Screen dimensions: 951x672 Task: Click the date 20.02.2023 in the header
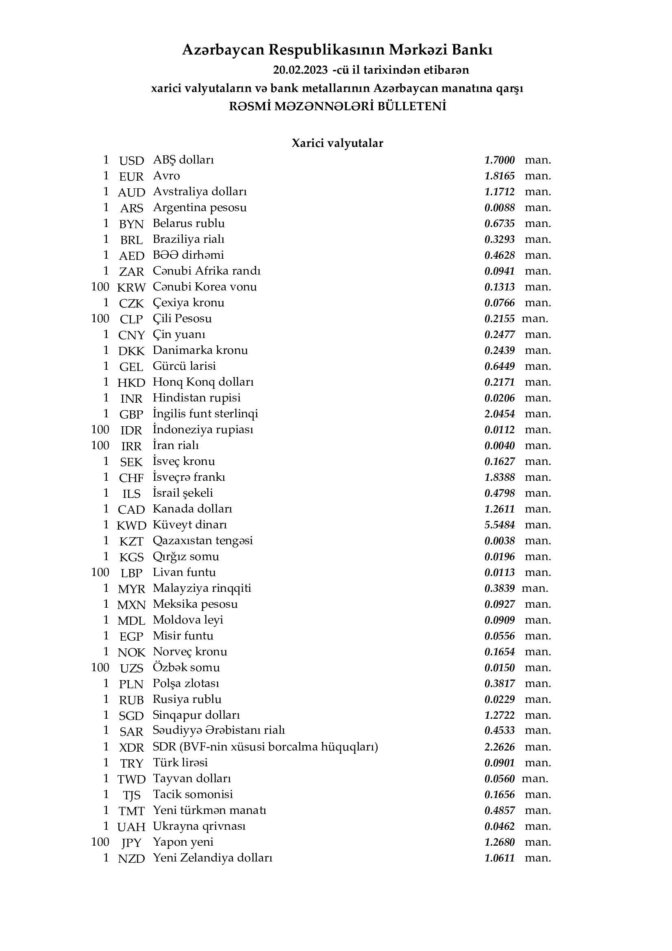pos(300,70)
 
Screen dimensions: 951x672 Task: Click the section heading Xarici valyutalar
pos(337,143)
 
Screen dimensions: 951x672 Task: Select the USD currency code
pos(131,161)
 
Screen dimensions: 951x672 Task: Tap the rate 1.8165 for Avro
pos(499,176)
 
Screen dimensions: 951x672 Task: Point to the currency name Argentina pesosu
pos(200,207)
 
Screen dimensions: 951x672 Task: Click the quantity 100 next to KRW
pos(100,287)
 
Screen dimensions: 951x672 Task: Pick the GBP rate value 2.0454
pos(499,414)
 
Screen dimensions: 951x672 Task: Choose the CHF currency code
pos(131,478)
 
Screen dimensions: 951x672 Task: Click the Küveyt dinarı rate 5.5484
pos(499,525)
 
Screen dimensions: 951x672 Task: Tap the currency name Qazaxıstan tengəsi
pos(202,541)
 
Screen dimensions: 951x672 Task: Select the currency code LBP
pos(131,573)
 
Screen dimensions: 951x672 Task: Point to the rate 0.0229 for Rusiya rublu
pos(499,700)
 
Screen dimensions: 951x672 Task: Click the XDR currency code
pos(131,748)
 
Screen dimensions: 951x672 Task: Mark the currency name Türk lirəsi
pos(180,763)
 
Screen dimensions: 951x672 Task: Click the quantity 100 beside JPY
pos(100,842)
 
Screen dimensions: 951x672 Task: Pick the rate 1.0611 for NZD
pos(499,858)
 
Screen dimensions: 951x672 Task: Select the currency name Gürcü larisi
pos(184,366)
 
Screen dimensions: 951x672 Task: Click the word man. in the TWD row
pos(535,779)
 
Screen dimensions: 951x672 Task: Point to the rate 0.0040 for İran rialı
pos(499,446)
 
